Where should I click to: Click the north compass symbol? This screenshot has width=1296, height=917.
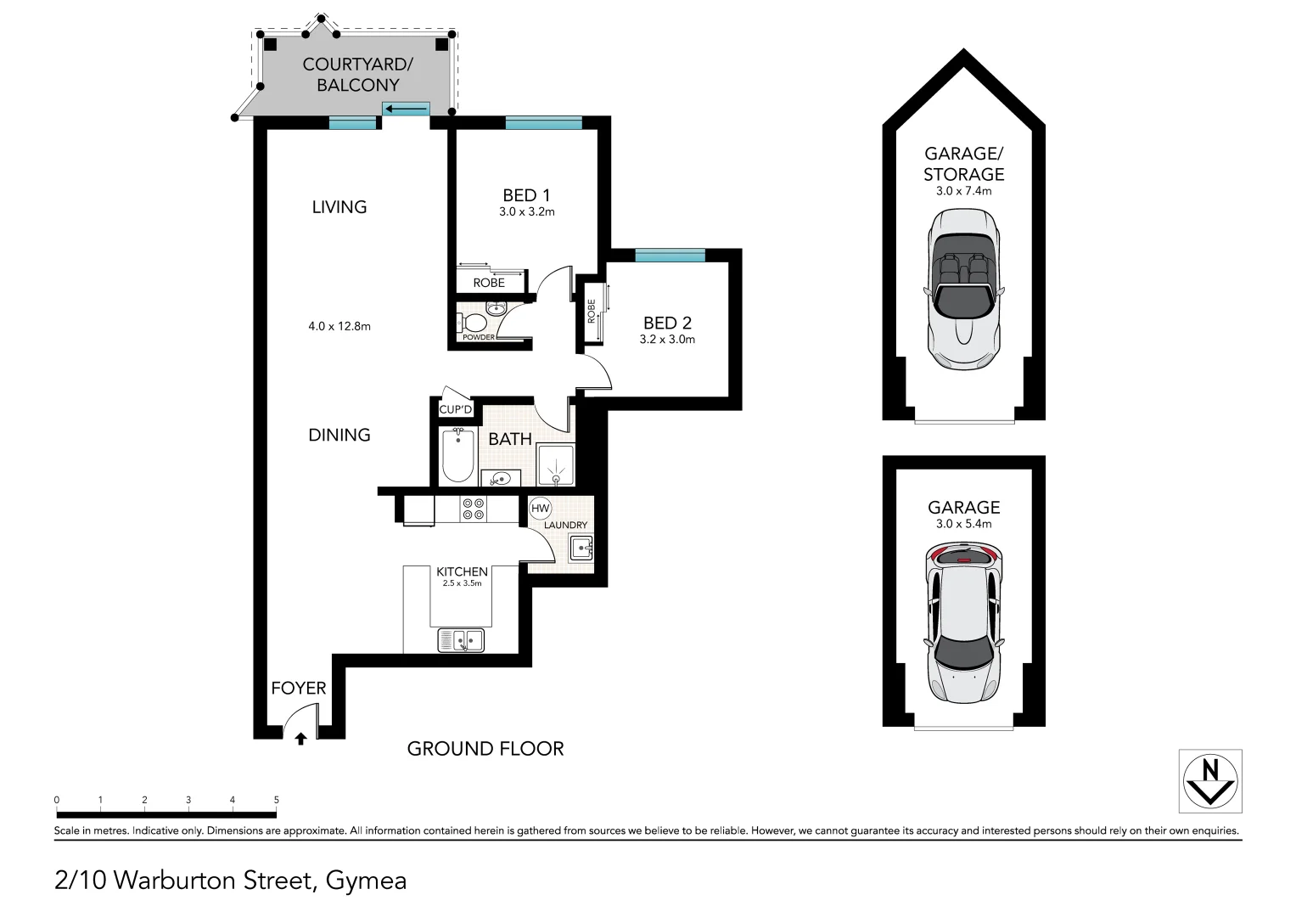point(1210,781)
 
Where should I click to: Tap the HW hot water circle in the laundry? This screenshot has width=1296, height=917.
point(540,509)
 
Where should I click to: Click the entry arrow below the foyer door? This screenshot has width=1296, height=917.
point(300,739)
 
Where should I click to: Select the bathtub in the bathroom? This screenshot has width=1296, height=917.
point(457,455)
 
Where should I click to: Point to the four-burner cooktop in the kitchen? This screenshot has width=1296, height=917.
point(473,509)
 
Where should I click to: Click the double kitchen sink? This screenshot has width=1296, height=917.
point(461,641)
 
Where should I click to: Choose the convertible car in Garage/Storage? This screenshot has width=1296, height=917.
point(963,289)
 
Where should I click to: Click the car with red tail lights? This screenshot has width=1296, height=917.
point(963,623)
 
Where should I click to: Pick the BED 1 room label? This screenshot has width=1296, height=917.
point(526,195)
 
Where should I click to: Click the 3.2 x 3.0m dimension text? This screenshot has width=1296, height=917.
point(667,340)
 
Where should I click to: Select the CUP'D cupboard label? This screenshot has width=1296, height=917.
point(455,409)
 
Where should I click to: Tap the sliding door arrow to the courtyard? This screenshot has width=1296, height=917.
point(406,109)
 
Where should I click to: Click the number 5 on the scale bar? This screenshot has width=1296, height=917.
point(276,800)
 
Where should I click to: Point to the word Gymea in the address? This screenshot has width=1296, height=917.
point(367,880)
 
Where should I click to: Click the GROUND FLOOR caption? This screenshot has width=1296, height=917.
point(485,749)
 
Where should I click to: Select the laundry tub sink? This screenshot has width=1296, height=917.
point(581,549)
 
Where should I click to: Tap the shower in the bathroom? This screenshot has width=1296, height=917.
point(555,464)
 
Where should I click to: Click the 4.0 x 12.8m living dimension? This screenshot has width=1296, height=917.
point(339,327)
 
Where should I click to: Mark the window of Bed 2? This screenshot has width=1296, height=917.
point(670,256)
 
